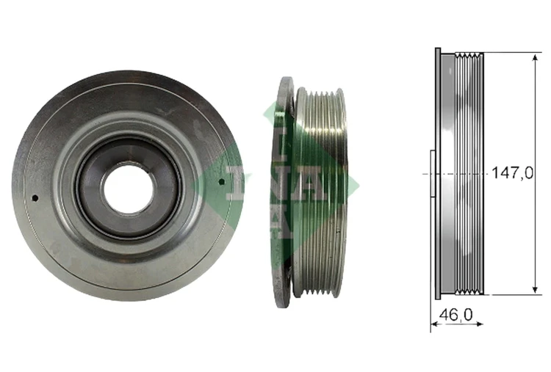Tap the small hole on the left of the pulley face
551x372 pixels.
tap(35, 198)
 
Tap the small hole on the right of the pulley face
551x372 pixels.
tap(221, 181)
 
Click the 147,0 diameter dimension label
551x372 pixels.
tap(512, 173)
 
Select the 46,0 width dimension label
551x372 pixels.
tap(456, 315)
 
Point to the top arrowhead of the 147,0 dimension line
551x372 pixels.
tap(535, 57)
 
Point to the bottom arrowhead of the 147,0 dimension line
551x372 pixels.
tap(535, 290)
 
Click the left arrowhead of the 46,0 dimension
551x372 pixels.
tap(435, 324)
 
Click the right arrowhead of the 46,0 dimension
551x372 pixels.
tap(479, 324)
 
